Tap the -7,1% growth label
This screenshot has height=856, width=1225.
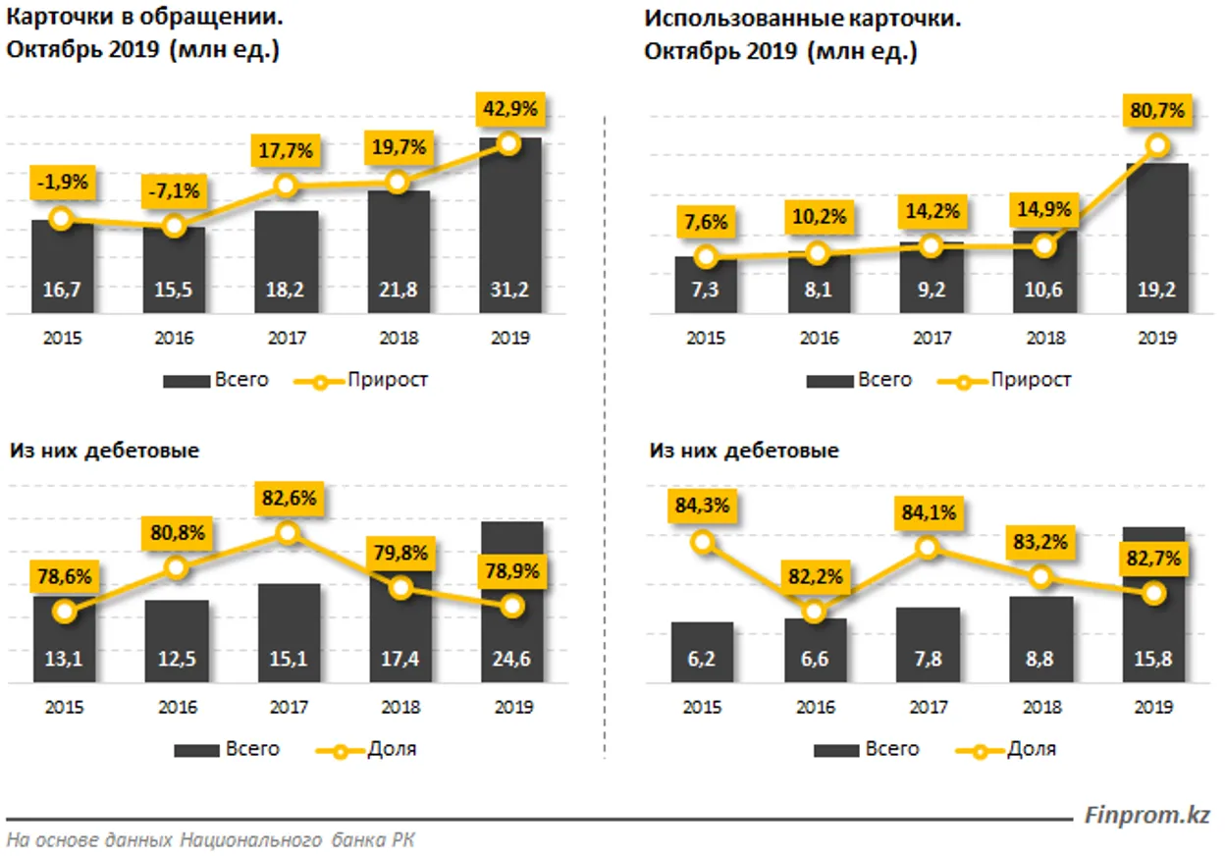pyautogui.click(x=174, y=191)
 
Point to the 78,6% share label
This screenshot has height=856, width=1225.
pyautogui.click(x=63, y=577)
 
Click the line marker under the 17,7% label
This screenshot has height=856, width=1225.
pyautogui.click(x=286, y=186)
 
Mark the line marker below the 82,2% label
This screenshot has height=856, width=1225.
pyautogui.click(x=814, y=612)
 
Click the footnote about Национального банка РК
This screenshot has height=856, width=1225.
pyautogui.click(x=210, y=840)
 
